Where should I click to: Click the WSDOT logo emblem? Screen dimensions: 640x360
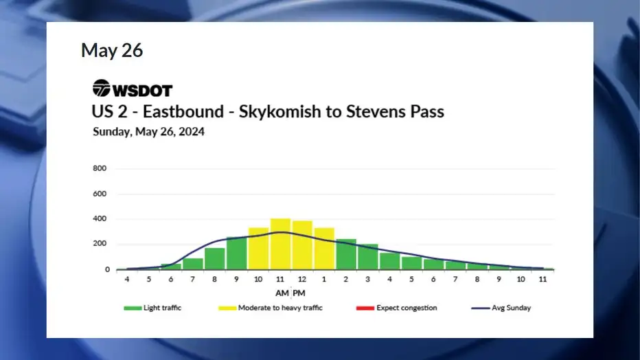pyautogui.click(x=101, y=88)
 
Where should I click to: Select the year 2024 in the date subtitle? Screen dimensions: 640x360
pyautogui.click(x=192, y=131)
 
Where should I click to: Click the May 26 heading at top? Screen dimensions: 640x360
pyautogui.click(x=112, y=50)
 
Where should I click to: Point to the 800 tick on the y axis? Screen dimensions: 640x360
pyautogui.click(x=99, y=168)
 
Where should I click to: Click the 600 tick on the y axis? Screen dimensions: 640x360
pyautogui.click(x=99, y=194)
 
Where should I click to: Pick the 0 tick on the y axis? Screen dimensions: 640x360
pyautogui.click(x=107, y=269)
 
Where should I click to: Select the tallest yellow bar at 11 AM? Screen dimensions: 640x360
pyautogui.click(x=280, y=244)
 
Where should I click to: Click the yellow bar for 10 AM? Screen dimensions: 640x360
pyautogui.click(x=258, y=249)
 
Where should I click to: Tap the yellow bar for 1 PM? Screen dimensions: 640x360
pyautogui.click(x=324, y=249)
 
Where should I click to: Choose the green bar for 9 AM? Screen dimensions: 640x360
pyautogui.click(x=236, y=254)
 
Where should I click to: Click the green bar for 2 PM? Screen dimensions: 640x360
pyautogui.click(x=345, y=254)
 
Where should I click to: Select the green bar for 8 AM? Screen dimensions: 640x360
pyautogui.click(x=215, y=259)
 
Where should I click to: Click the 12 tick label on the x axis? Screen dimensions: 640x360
pyautogui.click(x=301, y=279)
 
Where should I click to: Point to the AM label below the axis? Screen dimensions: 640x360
pyautogui.click(x=282, y=293)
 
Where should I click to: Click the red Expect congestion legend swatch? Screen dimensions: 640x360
pyautogui.click(x=365, y=308)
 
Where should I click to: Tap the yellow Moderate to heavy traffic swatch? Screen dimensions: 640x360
pyautogui.click(x=227, y=308)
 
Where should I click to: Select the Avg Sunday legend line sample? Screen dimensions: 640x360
pyautogui.click(x=481, y=308)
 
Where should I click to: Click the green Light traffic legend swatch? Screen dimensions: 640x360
pyautogui.click(x=133, y=308)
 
